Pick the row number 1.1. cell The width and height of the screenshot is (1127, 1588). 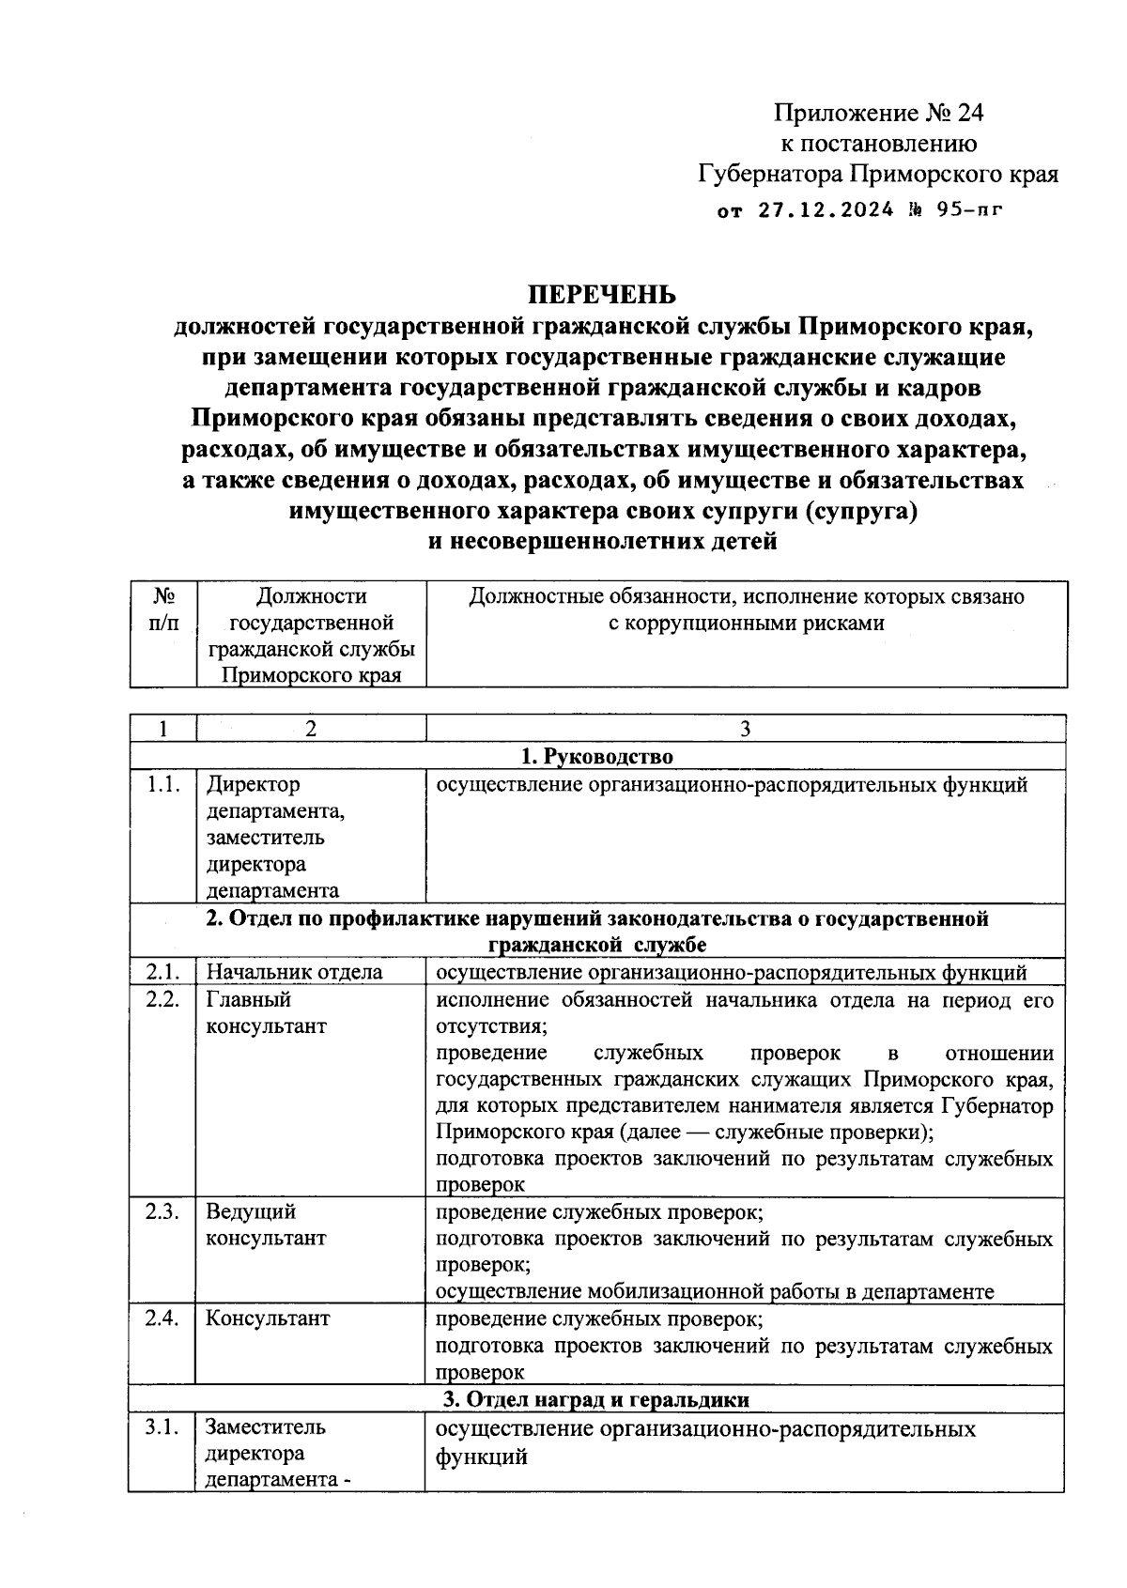162,785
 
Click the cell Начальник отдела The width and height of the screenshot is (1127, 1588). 294,972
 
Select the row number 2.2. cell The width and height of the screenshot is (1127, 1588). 162,999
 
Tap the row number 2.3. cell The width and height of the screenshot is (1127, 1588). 162,1211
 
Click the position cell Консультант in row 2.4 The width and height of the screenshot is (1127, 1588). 268,1318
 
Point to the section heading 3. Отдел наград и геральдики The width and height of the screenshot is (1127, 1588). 596,1399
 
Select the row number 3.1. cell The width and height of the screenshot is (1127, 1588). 162,1427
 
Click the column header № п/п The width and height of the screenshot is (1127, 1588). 163,609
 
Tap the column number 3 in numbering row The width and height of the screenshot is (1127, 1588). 745,729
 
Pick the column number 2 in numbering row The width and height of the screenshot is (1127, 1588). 310,729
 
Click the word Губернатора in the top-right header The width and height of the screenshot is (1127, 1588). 770,175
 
